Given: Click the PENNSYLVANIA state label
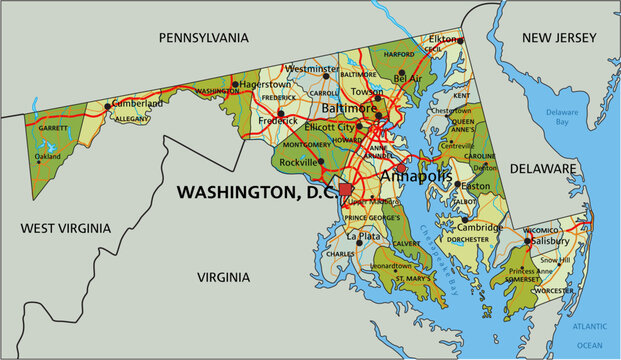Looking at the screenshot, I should coord(203,37).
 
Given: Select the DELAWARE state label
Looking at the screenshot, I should coord(543,169).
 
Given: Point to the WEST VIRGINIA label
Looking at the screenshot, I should coord(62,228).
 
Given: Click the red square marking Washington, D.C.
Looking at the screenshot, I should coord(346,189).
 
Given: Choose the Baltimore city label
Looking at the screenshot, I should coord(349,107).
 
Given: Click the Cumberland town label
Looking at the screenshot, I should coord(137,103).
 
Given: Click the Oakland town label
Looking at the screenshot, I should coord(48,156).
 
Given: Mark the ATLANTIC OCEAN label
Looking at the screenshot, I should coord(590,334).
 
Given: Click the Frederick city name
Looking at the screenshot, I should coord(277,120).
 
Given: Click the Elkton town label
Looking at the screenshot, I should coord(443,38).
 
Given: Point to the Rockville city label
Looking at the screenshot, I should coord(300,162).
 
